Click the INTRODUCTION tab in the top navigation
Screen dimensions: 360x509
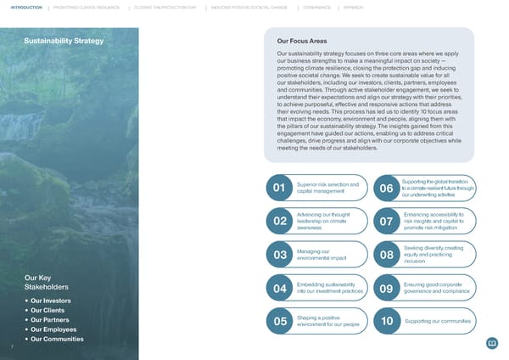click(21, 7)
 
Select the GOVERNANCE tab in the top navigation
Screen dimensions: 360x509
click(314, 7)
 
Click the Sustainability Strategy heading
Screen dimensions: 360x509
click(64, 41)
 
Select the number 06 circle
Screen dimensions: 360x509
click(386, 188)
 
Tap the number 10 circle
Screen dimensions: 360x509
click(386, 321)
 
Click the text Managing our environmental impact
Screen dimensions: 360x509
click(316, 255)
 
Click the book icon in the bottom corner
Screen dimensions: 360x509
click(491, 343)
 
